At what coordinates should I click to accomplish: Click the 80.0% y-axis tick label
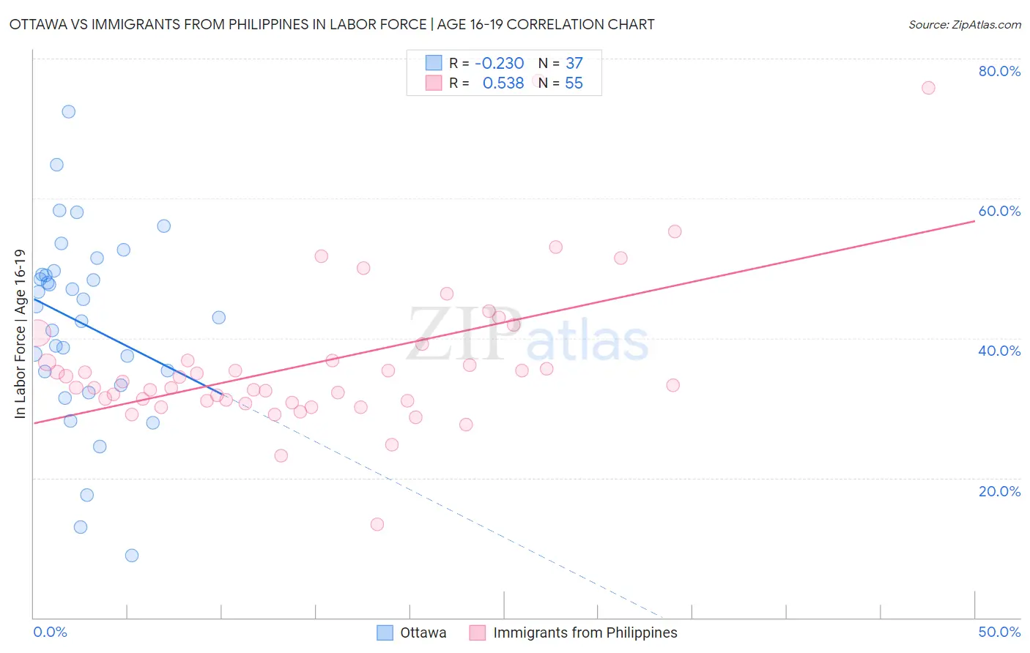tap(999, 71)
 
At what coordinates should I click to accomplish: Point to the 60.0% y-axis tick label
tap(999, 211)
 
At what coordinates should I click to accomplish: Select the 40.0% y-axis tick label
tap(999, 351)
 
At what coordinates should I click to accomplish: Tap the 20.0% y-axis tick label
tap(999, 491)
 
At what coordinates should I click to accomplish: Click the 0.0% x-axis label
tap(50, 632)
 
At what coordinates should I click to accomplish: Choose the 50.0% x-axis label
tap(999, 632)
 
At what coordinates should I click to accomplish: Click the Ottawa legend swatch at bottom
tap(385, 633)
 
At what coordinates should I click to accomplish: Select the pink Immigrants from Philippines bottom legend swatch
tap(478, 633)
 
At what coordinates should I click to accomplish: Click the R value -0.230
tap(499, 64)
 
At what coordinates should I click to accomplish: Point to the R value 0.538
tap(503, 83)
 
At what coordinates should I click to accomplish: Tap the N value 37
tap(574, 64)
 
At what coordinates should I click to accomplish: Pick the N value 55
tap(574, 83)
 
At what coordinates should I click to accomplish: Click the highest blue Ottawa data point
tap(68, 112)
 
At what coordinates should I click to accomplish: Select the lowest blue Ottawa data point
tap(132, 556)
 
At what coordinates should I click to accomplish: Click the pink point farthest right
tap(928, 88)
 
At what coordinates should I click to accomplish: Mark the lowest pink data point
tap(377, 524)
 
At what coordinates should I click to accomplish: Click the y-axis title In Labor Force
tap(20, 334)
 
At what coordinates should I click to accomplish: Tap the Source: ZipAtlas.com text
tap(964, 25)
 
